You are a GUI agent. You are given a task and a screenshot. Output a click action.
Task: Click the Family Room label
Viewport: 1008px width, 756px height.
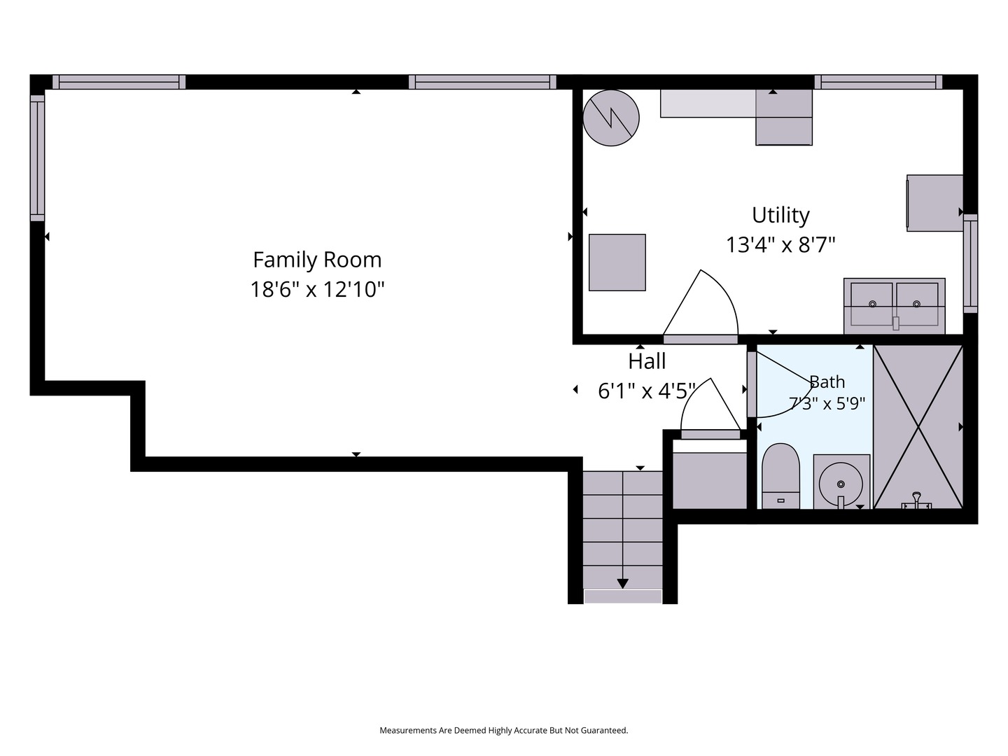[x=317, y=260]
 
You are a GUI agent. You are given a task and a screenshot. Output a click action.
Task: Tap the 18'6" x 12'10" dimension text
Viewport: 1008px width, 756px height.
[x=317, y=290]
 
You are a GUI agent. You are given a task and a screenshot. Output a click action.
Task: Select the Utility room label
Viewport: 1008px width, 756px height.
[x=780, y=216]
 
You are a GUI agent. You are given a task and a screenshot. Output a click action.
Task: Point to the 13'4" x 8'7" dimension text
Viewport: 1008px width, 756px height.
[x=780, y=245]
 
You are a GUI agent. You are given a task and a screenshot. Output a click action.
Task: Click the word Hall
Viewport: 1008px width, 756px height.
[x=647, y=361]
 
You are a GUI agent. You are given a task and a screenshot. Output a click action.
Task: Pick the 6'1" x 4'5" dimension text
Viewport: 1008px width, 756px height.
[x=647, y=391]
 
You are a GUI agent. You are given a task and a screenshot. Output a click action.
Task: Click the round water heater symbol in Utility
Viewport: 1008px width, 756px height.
[x=611, y=118]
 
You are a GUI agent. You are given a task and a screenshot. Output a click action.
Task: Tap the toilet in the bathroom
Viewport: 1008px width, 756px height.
[x=780, y=476]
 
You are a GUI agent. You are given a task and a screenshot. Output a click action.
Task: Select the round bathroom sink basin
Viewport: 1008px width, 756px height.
[x=841, y=484]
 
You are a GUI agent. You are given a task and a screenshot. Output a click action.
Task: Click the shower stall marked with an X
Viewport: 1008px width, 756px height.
[x=918, y=427]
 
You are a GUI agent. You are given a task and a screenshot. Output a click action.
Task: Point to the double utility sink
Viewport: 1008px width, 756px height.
[x=894, y=306]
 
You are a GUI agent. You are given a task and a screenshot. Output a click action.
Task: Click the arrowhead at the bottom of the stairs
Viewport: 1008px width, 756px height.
[x=622, y=583]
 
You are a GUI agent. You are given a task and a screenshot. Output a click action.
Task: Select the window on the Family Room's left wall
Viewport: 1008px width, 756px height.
[x=37, y=158]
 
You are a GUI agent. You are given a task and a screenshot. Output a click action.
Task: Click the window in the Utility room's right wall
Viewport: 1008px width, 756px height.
[x=970, y=263]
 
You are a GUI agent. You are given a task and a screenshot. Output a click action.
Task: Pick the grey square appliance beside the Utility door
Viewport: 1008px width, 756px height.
[x=617, y=262]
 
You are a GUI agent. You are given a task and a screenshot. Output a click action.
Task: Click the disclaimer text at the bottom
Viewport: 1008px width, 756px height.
[x=504, y=730]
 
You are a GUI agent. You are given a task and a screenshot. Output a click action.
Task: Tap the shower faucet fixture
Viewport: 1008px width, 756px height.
[x=916, y=500]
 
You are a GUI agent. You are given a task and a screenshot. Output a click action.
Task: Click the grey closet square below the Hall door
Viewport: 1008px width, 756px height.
[x=710, y=480]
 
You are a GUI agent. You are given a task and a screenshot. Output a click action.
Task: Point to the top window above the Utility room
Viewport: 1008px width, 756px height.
[x=878, y=82]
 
